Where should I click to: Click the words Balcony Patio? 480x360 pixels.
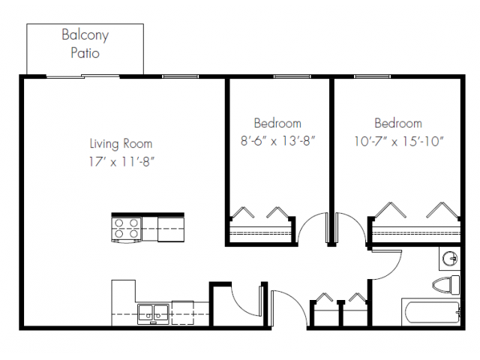click(x=84, y=44)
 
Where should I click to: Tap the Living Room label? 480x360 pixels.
click(x=121, y=143)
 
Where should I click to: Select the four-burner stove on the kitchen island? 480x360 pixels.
click(x=126, y=229)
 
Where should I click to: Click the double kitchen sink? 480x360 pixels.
click(x=153, y=311)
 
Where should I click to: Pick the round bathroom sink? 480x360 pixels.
click(x=449, y=259)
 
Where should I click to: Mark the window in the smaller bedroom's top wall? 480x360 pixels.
click(x=292, y=76)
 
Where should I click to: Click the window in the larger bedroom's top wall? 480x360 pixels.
click(x=375, y=76)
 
